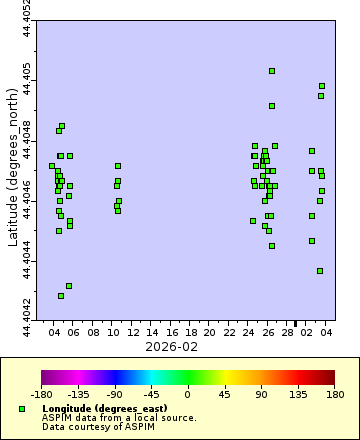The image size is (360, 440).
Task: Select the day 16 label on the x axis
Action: click(173, 331)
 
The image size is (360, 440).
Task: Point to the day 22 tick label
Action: click(231, 331)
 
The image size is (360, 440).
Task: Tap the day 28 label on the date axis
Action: click(289, 331)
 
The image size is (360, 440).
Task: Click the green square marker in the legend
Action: click(22, 409)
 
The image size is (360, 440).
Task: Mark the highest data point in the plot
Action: click(272, 71)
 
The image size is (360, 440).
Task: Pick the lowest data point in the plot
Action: click(61, 296)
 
